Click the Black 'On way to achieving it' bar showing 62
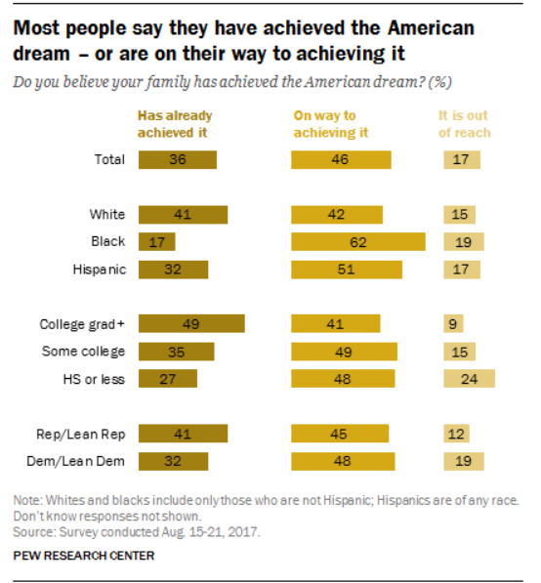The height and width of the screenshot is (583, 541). tap(358, 241)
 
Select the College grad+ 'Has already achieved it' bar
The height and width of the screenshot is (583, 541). tap(191, 323)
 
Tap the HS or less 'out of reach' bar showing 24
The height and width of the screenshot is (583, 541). tap(470, 379)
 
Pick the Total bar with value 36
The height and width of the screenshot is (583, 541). tap(178, 160)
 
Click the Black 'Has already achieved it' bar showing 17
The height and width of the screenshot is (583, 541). tap(157, 241)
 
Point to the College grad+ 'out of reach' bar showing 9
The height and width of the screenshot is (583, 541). tap(453, 323)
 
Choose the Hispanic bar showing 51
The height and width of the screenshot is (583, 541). tap(347, 270)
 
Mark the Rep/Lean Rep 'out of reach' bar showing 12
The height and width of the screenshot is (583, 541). tap(456, 434)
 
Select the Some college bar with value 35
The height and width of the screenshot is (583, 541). tap(176, 352)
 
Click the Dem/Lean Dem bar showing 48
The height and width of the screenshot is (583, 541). tap(343, 461)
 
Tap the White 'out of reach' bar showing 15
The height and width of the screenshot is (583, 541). tap(459, 215)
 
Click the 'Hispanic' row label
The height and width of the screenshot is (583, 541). tap(100, 270)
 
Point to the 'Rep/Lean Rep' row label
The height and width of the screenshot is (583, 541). tap(81, 435)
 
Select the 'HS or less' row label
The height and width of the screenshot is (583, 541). tap(94, 379)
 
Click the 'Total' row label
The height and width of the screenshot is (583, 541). tap(109, 159)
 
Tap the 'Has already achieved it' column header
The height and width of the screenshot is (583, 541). tap(175, 124)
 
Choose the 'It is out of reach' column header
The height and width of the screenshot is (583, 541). tap(465, 124)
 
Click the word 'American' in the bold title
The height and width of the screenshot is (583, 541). tap(431, 28)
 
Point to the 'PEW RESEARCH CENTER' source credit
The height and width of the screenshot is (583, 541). tap(84, 556)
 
